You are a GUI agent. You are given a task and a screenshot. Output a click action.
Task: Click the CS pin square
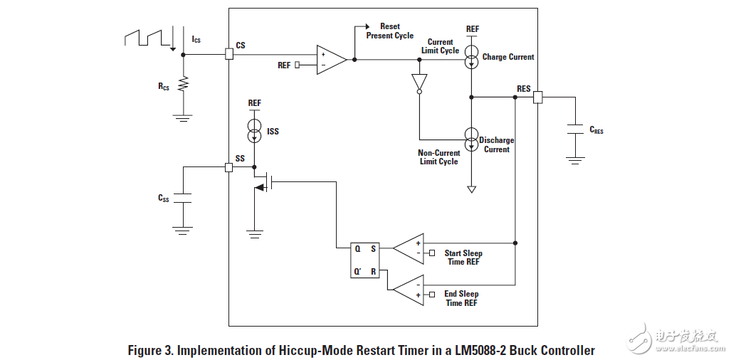click(x=228, y=54)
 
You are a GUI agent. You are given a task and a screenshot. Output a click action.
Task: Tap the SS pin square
click(x=228, y=167)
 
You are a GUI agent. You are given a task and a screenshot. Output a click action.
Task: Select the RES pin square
click(x=537, y=97)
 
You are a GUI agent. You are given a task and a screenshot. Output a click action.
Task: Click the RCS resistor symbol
click(x=183, y=85)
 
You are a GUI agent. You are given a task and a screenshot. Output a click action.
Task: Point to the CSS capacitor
click(x=183, y=198)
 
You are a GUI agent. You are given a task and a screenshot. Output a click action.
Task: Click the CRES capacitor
click(x=575, y=129)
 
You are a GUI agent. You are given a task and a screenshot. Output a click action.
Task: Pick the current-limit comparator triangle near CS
click(x=331, y=59)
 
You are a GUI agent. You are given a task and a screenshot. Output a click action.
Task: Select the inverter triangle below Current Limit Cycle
click(x=419, y=83)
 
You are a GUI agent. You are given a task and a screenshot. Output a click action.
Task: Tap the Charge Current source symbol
click(x=471, y=56)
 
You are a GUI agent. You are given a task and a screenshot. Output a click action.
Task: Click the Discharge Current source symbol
click(x=471, y=139)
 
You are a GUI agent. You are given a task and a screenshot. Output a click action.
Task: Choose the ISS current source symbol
click(x=254, y=130)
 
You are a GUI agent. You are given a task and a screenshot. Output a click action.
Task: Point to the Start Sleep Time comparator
click(x=409, y=248)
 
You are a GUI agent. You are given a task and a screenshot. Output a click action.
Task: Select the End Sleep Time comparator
click(x=409, y=290)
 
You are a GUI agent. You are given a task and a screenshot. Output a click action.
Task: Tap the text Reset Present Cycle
click(x=389, y=31)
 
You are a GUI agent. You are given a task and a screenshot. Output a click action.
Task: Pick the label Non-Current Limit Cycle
click(x=438, y=157)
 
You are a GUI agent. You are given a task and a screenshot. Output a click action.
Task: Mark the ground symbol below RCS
click(x=183, y=117)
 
